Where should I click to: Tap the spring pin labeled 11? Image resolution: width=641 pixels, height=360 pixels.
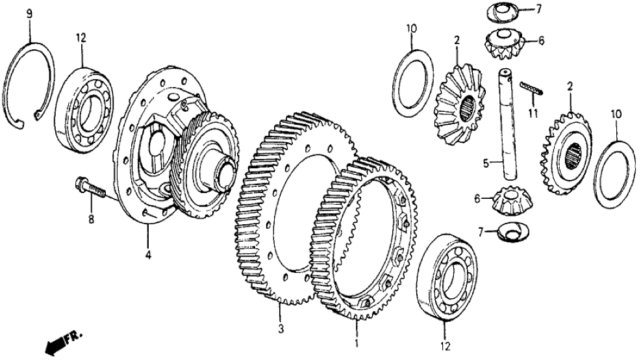click(531, 88)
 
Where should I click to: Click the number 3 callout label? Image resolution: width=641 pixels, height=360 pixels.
click(281, 329)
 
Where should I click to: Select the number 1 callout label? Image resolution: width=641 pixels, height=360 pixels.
click(356, 343)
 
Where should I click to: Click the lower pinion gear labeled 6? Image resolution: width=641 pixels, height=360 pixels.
click(514, 200)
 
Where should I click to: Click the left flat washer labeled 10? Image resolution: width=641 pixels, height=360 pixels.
click(413, 83)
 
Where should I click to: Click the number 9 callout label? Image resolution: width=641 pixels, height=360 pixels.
click(29, 14)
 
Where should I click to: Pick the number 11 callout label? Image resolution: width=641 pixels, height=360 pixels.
click(533, 113)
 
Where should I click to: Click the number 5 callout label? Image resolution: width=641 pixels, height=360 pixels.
click(486, 164)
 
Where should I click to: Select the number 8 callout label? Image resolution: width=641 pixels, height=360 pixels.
click(91, 219)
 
